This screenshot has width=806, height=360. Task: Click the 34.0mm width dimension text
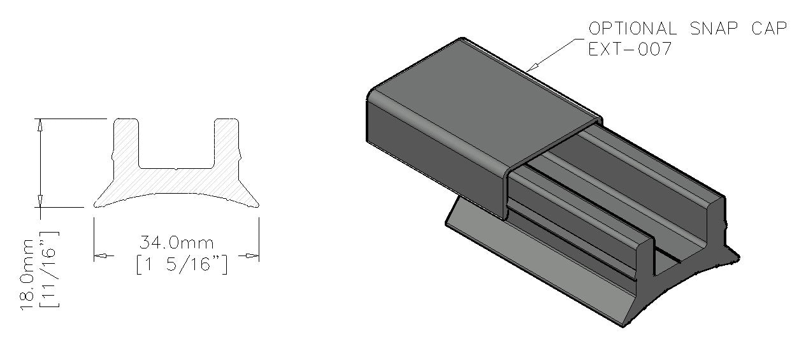(176, 243)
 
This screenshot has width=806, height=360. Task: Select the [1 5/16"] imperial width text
(182, 264)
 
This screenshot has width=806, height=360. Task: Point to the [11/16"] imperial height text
(49, 270)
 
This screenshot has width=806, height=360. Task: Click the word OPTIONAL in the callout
(633, 29)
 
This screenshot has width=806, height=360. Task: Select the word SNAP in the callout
(714, 29)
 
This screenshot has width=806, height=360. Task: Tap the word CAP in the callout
(769, 29)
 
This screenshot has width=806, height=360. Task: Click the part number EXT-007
(630, 48)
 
